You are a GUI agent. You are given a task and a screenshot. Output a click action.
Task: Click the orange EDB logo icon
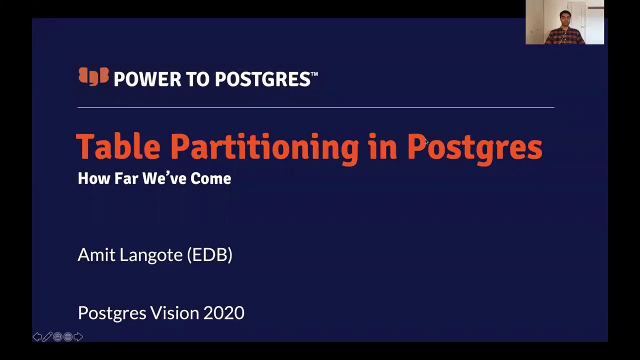pyautogui.click(x=93, y=77)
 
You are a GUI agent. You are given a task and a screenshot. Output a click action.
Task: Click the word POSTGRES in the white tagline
pyautogui.click(x=272, y=79)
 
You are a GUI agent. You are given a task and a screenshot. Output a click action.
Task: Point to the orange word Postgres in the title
pyautogui.click(x=474, y=147)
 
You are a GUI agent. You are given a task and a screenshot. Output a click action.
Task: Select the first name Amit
pyautogui.click(x=96, y=254)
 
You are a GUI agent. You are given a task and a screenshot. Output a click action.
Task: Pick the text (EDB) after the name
pyautogui.click(x=209, y=255)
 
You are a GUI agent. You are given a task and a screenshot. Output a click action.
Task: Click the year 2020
pyautogui.click(x=223, y=313)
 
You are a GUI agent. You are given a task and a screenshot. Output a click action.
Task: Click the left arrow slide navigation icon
pyautogui.click(x=37, y=337)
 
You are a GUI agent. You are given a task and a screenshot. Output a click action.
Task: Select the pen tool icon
pyautogui.click(x=47, y=337)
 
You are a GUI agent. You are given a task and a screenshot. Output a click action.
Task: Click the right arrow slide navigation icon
pyautogui.click(x=78, y=337)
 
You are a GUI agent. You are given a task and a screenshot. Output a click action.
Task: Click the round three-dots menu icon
pyautogui.click(x=68, y=337)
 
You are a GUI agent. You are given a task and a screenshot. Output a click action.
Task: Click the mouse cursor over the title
pyautogui.click(x=426, y=142)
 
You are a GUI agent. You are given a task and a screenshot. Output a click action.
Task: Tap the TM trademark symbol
pyautogui.click(x=314, y=74)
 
